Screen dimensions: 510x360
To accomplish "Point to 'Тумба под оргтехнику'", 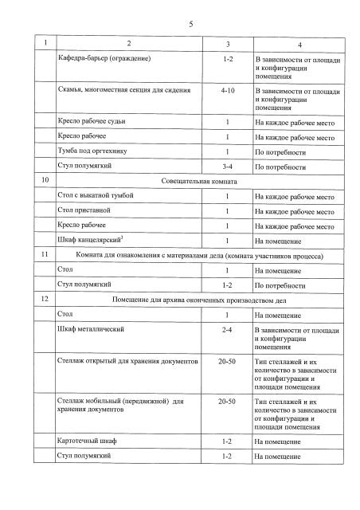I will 91,151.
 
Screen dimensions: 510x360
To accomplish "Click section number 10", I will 45,182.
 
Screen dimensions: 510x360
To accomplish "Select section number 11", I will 45,255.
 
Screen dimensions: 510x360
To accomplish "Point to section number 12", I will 45,299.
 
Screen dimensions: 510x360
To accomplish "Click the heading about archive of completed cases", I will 204,299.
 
